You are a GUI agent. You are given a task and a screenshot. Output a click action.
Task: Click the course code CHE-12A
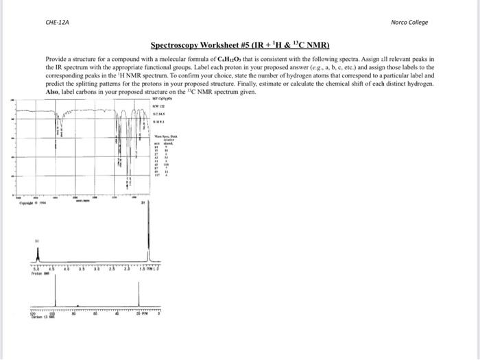(x=57, y=22)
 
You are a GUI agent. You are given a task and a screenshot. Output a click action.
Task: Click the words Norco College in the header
(x=409, y=22)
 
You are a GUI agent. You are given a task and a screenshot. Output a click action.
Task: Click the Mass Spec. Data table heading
(x=163, y=138)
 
